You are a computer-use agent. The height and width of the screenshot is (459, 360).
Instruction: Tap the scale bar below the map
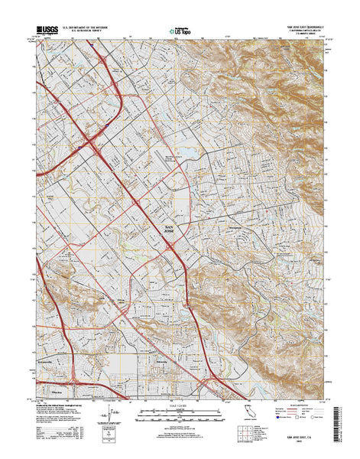(x=180, y=416)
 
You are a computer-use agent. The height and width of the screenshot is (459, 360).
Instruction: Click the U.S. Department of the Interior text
(x=85, y=27)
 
